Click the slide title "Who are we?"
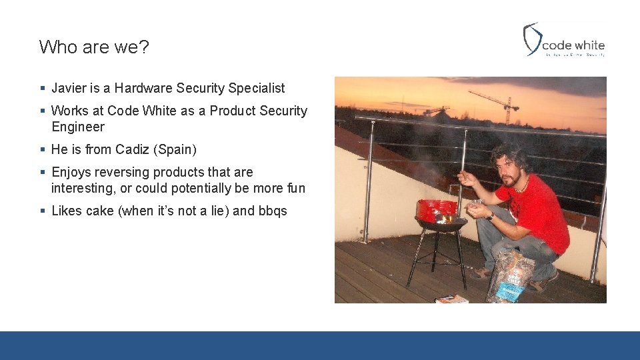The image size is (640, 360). coord(94,47)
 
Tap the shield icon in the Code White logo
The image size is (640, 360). coord(531,39)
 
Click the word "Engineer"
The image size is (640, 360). coord(78,127)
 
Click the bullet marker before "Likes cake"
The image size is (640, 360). coord(42,211)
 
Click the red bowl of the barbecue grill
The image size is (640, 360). coord(437,211)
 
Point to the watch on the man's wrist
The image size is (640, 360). coord(491,216)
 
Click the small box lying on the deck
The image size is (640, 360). coord(452,299)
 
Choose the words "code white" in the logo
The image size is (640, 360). coord(573,45)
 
